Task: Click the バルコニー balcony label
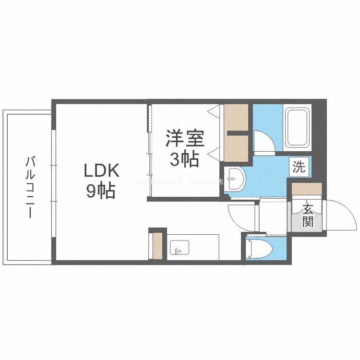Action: click(x=30, y=187)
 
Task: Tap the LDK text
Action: click(x=101, y=171)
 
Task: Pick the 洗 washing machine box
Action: click(x=299, y=167)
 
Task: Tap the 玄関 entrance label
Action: click(x=308, y=215)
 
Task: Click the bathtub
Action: click(x=298, y=129)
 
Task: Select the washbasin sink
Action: click(x=236, y=179)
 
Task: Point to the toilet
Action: click(x=259, y=249)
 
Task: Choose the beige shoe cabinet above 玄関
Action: click(x=306, y=189)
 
